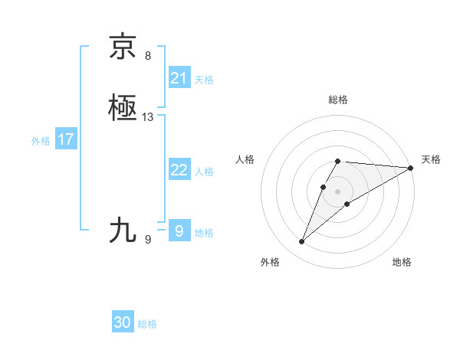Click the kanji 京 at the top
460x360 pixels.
[123, 47]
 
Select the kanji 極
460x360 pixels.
[123, 108]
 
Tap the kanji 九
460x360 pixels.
[123, 230]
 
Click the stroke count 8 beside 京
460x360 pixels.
[148, 55]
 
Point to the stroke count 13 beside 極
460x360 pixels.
[148, 117]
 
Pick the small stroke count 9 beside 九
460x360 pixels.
[148, 240]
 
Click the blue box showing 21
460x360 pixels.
[179, 77]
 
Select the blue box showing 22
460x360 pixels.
[179, 170]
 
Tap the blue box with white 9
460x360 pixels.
[179, 231]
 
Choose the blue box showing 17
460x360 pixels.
[66, 139]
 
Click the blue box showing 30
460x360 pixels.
[123, 322]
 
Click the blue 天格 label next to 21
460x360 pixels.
[204, 79]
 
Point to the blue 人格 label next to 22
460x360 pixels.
[204, 172]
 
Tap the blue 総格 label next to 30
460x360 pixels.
[147, 324]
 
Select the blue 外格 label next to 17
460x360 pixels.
[41, 141]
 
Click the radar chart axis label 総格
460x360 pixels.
[338, 100]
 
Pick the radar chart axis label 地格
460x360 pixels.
[402, 262]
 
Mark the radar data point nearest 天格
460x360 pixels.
[411, 168]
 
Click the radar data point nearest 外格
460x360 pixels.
[302, 242]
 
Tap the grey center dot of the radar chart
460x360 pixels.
[338, 190]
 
